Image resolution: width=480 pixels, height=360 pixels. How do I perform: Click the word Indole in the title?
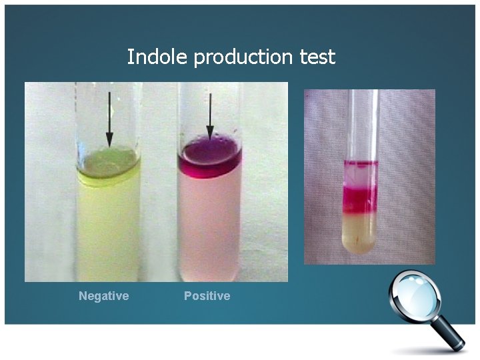tap(157, 57)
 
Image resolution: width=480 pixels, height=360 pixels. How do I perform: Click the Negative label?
tap(103, 296)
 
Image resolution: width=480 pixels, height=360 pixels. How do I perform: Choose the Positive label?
tap(207, 296)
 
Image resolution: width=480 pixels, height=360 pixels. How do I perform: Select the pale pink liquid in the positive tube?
tap(210, 220)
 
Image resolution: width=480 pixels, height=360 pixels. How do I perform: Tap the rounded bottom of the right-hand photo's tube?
tap(360, 247)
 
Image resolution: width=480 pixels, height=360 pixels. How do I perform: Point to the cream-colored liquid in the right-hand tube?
tap(360, 227)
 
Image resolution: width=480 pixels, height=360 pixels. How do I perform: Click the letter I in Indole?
tap(130, 57)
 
